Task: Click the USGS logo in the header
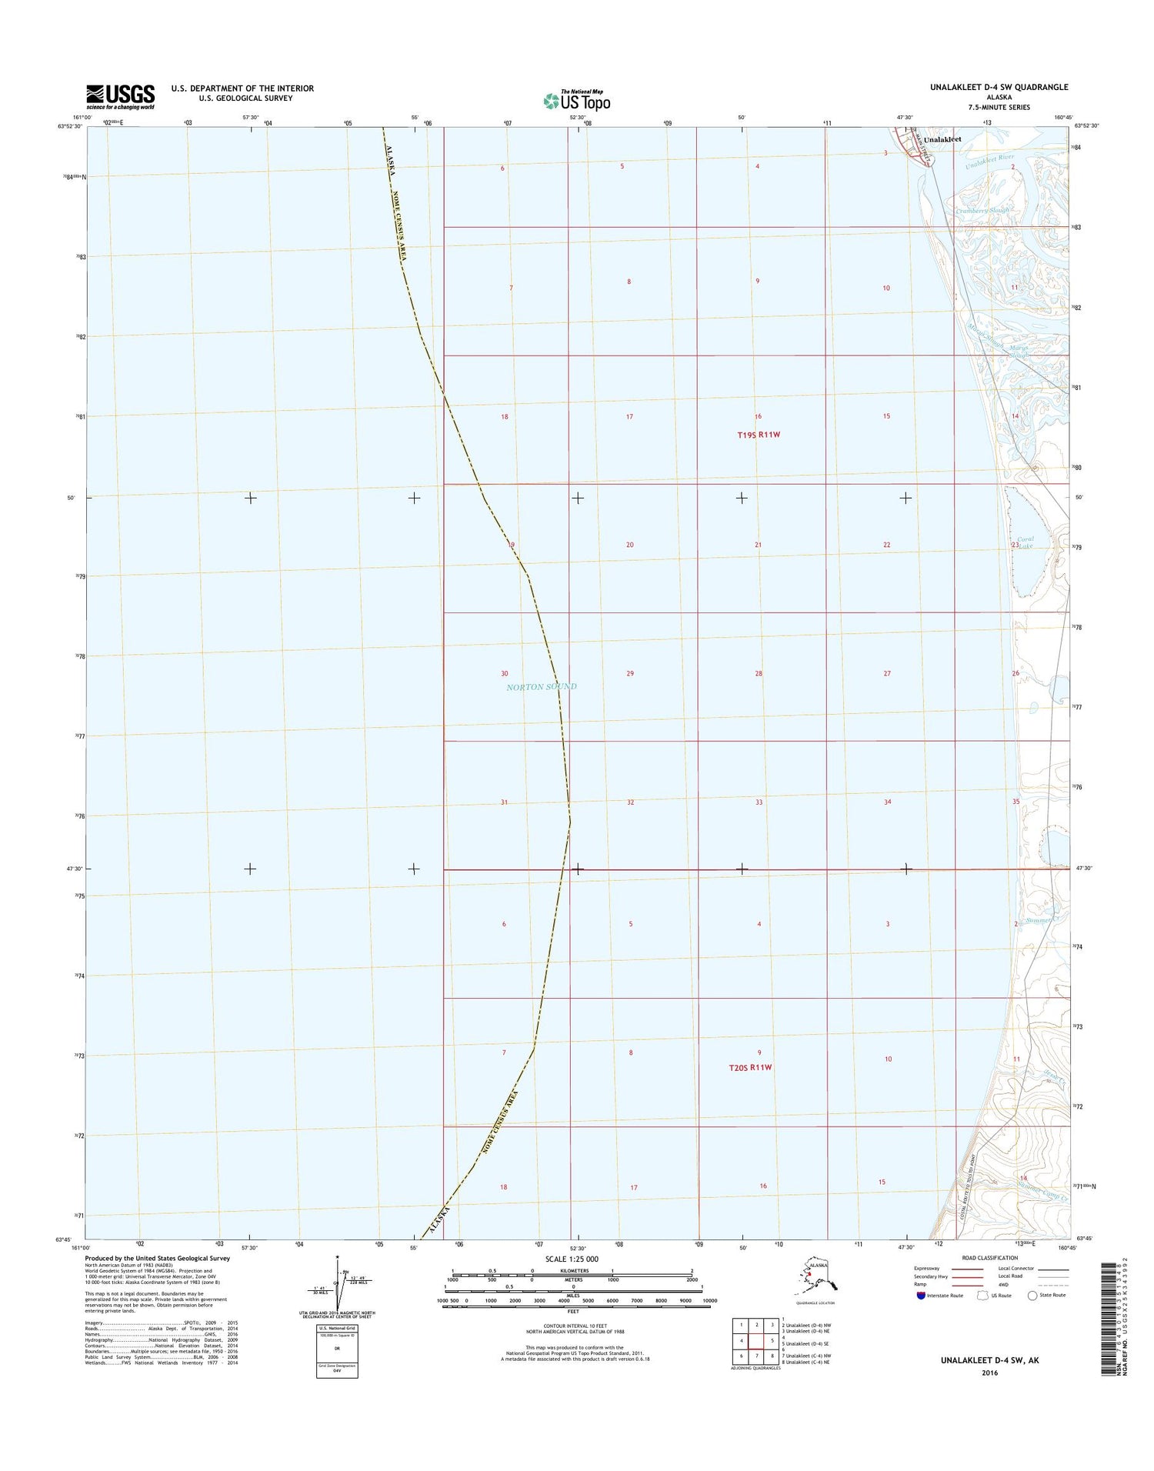coord(120,96)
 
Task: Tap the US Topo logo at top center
coord(576,100)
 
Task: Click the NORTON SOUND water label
coord(541,686)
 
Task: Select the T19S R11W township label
coord(759,435)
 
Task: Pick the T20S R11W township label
coord(749,1067)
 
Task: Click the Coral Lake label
coord(1026,542)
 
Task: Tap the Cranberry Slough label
coord(982,210)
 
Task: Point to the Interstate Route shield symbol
coord(921,1296)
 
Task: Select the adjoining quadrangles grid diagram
coord(755,1339)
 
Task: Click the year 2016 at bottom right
coord(989,1373)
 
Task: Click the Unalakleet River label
coord(990,160)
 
